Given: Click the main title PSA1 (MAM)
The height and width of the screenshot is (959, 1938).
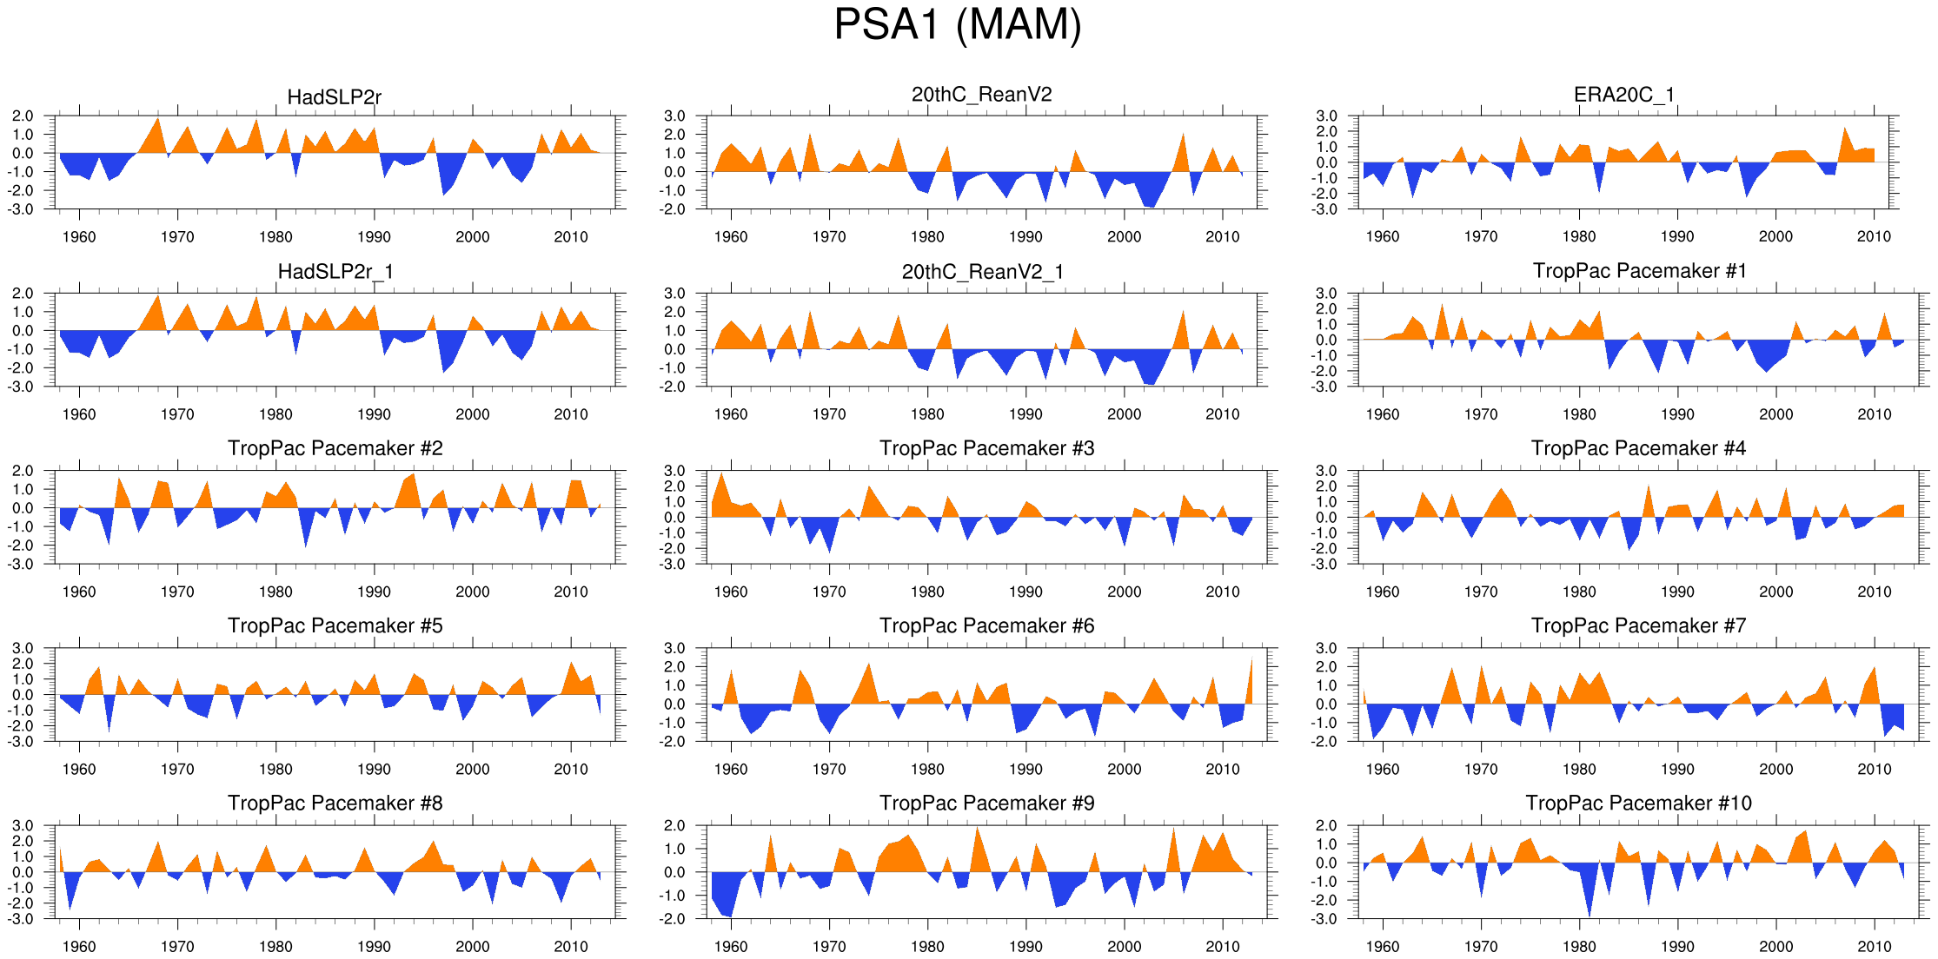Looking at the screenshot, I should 957,24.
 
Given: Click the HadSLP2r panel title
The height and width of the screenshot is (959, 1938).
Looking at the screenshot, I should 334,96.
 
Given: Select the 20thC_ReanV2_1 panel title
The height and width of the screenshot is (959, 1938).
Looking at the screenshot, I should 982,272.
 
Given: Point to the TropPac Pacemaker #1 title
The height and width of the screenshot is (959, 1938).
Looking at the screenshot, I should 1639,271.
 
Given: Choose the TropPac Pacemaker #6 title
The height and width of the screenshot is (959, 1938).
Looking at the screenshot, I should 986,625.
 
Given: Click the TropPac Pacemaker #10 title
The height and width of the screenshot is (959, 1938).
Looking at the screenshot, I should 1638,803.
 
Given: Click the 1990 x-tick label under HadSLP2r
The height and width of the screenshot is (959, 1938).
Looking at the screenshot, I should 374,237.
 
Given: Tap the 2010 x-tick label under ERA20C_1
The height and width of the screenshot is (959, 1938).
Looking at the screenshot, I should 1874,236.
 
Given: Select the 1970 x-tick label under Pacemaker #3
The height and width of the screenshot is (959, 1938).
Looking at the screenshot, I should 828,592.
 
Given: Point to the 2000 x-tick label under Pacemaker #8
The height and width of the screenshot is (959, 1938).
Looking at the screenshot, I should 472,946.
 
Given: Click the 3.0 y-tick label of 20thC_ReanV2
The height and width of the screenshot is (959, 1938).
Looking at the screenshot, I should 674,116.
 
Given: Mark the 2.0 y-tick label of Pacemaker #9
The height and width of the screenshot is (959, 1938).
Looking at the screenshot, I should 674,826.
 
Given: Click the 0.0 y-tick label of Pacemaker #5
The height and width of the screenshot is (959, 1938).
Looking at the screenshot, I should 23,695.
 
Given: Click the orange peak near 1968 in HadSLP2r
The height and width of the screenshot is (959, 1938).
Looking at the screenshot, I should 158,130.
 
